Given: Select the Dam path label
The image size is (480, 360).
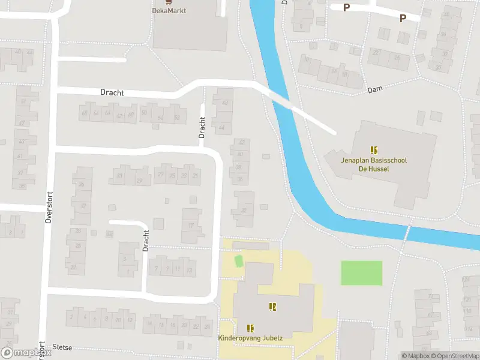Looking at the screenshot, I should [x=374, y=89].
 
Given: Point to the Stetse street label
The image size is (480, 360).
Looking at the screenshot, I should [x=62, y=347].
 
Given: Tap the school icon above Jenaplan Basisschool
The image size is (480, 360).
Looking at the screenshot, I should [x=374, y=150].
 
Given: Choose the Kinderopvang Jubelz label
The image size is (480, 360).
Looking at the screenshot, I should [x=250, y=338].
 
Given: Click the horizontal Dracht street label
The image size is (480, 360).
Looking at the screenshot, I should [x=112, y=93].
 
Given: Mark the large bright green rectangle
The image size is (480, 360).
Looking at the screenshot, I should [x=362, y=273].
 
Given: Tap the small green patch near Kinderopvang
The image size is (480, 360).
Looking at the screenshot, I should [x=238, y=262].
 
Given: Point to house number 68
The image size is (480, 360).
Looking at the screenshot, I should [x=85, y=113].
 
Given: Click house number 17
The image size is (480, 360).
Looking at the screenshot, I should [x=191, y=226].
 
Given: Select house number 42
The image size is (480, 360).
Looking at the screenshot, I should [x=242, y=143].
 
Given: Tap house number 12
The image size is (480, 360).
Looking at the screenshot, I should [x=130, y=320].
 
